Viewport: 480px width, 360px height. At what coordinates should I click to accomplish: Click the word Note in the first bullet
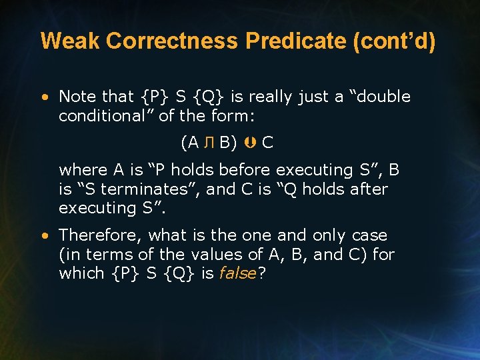tap(77, 97)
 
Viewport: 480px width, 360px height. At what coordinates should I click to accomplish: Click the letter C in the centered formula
tap(267, 143)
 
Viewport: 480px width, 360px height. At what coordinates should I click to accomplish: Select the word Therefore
tap(99, 235)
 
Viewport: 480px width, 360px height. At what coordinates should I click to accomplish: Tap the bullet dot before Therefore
tap(45, 236)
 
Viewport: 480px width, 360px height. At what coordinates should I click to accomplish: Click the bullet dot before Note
tap(45, 97)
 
